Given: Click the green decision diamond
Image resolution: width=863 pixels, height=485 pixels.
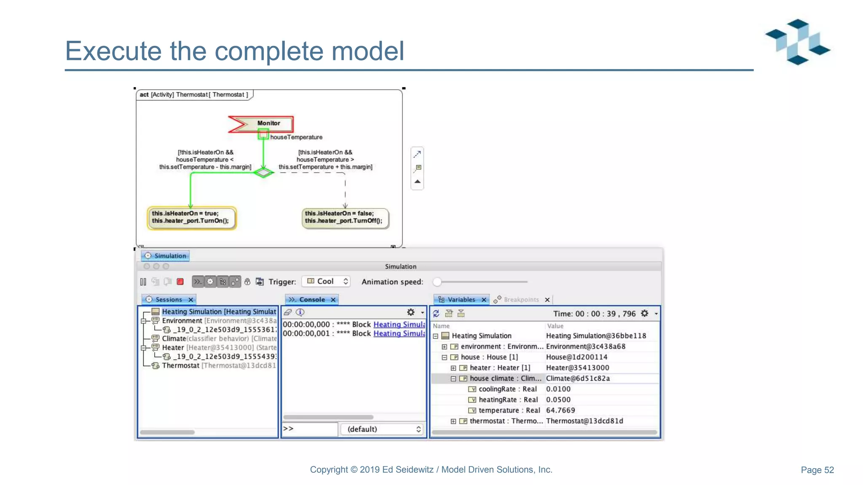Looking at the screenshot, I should click(264, 172).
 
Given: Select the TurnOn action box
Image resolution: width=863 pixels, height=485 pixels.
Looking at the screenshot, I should click(191, 217).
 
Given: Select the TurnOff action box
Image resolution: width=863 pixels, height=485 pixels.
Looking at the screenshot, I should click(345, 218).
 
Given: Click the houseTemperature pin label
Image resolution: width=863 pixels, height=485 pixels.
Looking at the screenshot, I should click(296, 137).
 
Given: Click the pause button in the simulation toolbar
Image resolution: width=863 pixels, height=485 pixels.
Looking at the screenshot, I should click(143, 282).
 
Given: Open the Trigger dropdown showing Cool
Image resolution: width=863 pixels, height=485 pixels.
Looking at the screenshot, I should click(327, 281).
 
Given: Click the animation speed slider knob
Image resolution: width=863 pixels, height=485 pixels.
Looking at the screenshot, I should click(437, 282).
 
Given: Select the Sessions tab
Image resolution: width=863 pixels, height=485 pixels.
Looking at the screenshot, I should click(169, 299).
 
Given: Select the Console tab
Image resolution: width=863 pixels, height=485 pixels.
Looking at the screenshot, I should click(312, 299).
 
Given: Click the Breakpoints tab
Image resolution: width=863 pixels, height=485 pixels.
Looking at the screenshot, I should click(521, 300).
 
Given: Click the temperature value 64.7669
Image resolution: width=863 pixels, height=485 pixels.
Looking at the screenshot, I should click(560, 410).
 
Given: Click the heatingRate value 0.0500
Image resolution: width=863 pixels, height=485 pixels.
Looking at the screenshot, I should click(558, 400).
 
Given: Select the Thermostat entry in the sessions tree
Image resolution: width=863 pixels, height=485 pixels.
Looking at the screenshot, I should click(180, 365).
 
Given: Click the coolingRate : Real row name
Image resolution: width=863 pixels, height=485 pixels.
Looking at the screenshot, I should click(507, 389).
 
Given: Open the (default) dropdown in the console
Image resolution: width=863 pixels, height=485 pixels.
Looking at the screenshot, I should click(383, 429).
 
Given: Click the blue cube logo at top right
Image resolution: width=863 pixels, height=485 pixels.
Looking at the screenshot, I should click(797, 42).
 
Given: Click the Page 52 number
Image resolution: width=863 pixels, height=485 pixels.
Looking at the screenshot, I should click(817, 470).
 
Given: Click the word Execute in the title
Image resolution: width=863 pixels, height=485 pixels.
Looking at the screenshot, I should click(113, 51).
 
